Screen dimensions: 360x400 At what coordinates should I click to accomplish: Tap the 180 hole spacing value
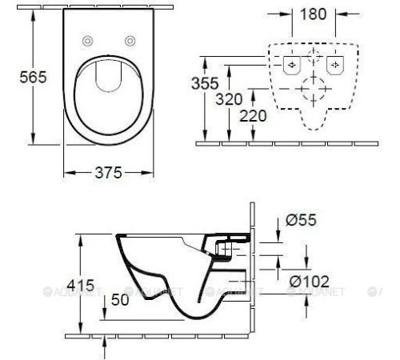313,14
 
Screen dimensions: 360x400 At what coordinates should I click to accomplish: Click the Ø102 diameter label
309,281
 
